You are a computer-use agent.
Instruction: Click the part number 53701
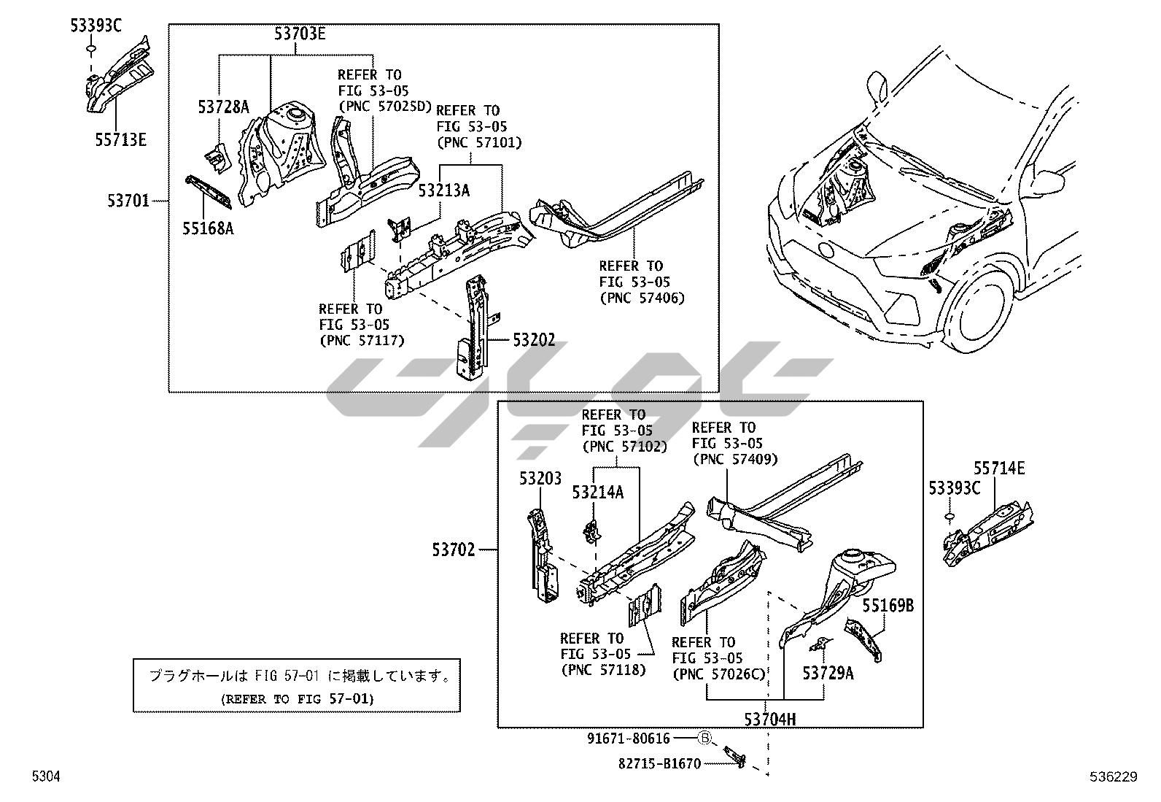(x=128, y=200)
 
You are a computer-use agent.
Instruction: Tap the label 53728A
(x=223, y=108)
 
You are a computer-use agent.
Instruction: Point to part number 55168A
(x=208, y=229)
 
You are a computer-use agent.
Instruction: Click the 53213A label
(x=443, y=191)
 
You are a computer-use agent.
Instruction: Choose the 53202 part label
(x=533, y=340)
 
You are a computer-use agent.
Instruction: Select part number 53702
(x=453, y=550)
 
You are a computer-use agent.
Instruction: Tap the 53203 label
(x=540, y=479)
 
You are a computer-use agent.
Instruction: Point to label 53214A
(x=598, y=493)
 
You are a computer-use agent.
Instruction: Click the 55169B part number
(x=888, y=606)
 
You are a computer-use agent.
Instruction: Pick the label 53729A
(x=828, y=673)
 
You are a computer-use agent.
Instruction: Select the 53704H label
(x=770, y=719)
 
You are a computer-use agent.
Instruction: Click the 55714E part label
(x=999, y=469)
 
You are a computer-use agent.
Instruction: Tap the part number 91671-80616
(x=629, y=739)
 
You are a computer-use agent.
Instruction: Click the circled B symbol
(x=704, y=739)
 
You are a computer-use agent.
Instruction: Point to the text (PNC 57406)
(x=642, y=298)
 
